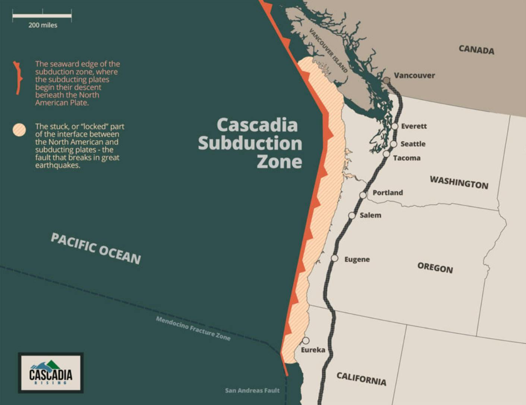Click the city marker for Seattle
pyautogui.click(x=394, y=144)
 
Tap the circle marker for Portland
pyautogui.click(x=363, y=195)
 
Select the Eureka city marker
pyautogui.click(x=306, y=341)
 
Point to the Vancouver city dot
pyautogui.click(x=387, y=80)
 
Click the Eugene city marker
pyautogui.click(x=334, y=258)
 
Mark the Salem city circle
pyautogui.click(x=352, y=215)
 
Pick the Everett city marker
pyautogui.click(x=395, y=126)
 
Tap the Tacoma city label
pyautogui.click(x=407, y=158)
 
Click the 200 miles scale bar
pyautogui.click(x=42, y=16)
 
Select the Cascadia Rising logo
pyautogui.click(x=51, y=373)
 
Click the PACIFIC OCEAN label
pyautogui.click(x=96, y=249)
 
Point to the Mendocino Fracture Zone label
pyautogui.click(x=193, y=328)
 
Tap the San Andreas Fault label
pyautogui.click(x=252, y=390)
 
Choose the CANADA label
pyautogui.click(x=476, y=50)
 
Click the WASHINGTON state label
pyautogui.click(x=459, y=183)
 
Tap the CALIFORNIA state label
pyautogui.click(x=361, y=379)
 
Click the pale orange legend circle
pyautogui.click(x=19, y=130)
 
